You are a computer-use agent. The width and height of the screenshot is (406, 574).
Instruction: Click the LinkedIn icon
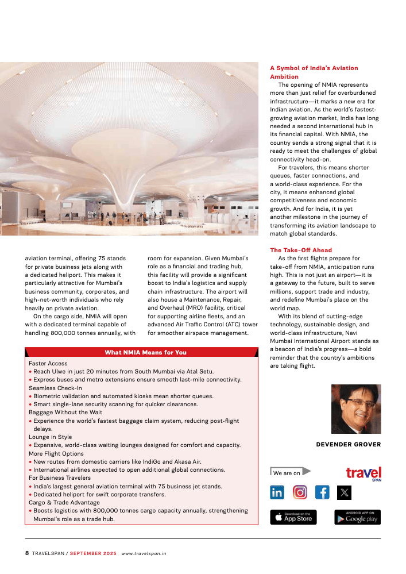[277, 492]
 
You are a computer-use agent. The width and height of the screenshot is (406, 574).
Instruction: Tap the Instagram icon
[300, 492]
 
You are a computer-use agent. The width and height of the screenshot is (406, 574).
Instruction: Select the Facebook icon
[322, 492]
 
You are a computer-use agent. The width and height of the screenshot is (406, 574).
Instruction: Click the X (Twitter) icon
[344, 492]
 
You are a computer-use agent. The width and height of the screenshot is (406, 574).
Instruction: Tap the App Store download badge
[293, 517]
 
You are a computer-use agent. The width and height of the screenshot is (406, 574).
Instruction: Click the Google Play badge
[357, 517]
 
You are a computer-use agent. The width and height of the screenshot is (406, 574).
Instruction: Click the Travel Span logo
[364, 473]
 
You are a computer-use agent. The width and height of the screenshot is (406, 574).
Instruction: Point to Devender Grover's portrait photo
[356, 409]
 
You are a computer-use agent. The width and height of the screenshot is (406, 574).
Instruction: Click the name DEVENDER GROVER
[348, 444]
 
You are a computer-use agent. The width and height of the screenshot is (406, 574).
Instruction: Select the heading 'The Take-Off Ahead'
[301, 251]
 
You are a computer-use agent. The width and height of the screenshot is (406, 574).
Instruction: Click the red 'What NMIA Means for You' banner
[145, 352]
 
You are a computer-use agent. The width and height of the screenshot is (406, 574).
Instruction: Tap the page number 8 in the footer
[27, 553]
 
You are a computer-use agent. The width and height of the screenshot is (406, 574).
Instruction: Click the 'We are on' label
[287, 473]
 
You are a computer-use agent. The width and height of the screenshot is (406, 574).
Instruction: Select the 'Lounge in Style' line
[51, 437]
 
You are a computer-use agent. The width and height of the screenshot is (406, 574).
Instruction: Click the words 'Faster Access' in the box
[48, 364]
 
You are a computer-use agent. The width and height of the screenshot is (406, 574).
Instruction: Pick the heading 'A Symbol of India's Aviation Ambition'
[314, 72]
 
